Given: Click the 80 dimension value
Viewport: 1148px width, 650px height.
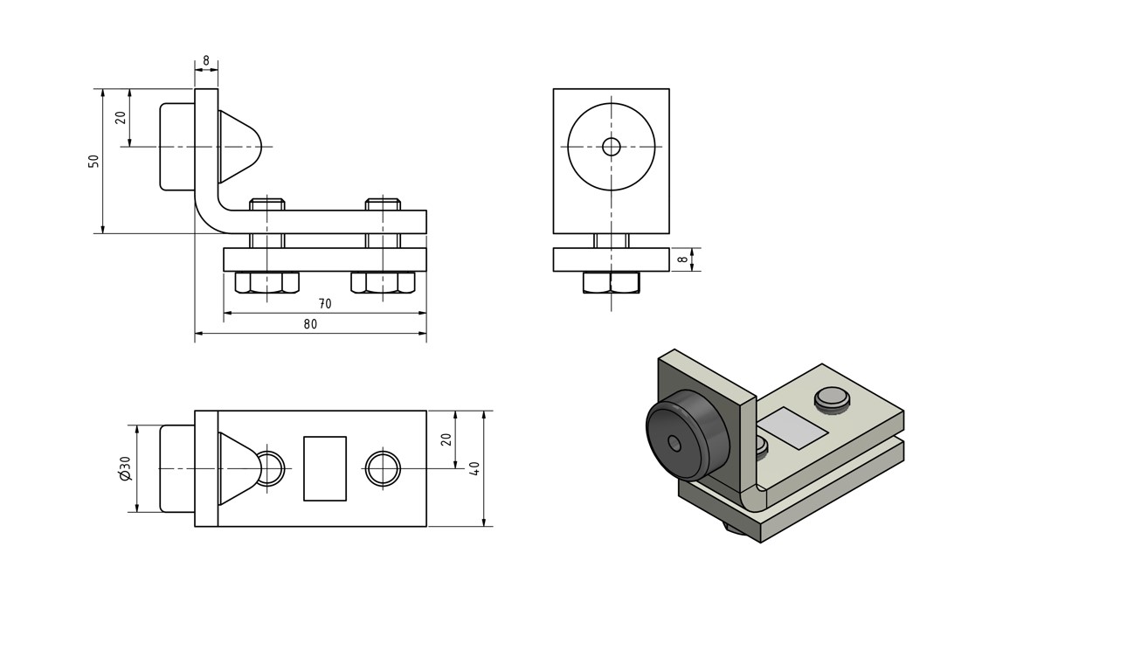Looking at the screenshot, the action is [310, 324].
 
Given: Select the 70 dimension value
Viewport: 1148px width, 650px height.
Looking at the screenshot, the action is [325, 304].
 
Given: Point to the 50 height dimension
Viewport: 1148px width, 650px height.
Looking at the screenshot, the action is [93, 161].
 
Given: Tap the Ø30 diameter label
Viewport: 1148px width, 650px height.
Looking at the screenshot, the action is [125, 468].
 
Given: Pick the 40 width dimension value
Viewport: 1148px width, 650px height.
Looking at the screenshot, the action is [474, 468].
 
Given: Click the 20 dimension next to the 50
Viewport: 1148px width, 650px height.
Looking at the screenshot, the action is [121, 117].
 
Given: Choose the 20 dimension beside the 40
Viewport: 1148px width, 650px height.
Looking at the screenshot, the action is [446, 439].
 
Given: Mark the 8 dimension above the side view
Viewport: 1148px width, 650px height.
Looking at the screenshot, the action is [206, 60].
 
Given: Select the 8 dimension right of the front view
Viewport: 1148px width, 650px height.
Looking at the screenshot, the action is [682, 259].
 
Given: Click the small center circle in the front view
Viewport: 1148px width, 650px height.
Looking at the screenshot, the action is [612, 147].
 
